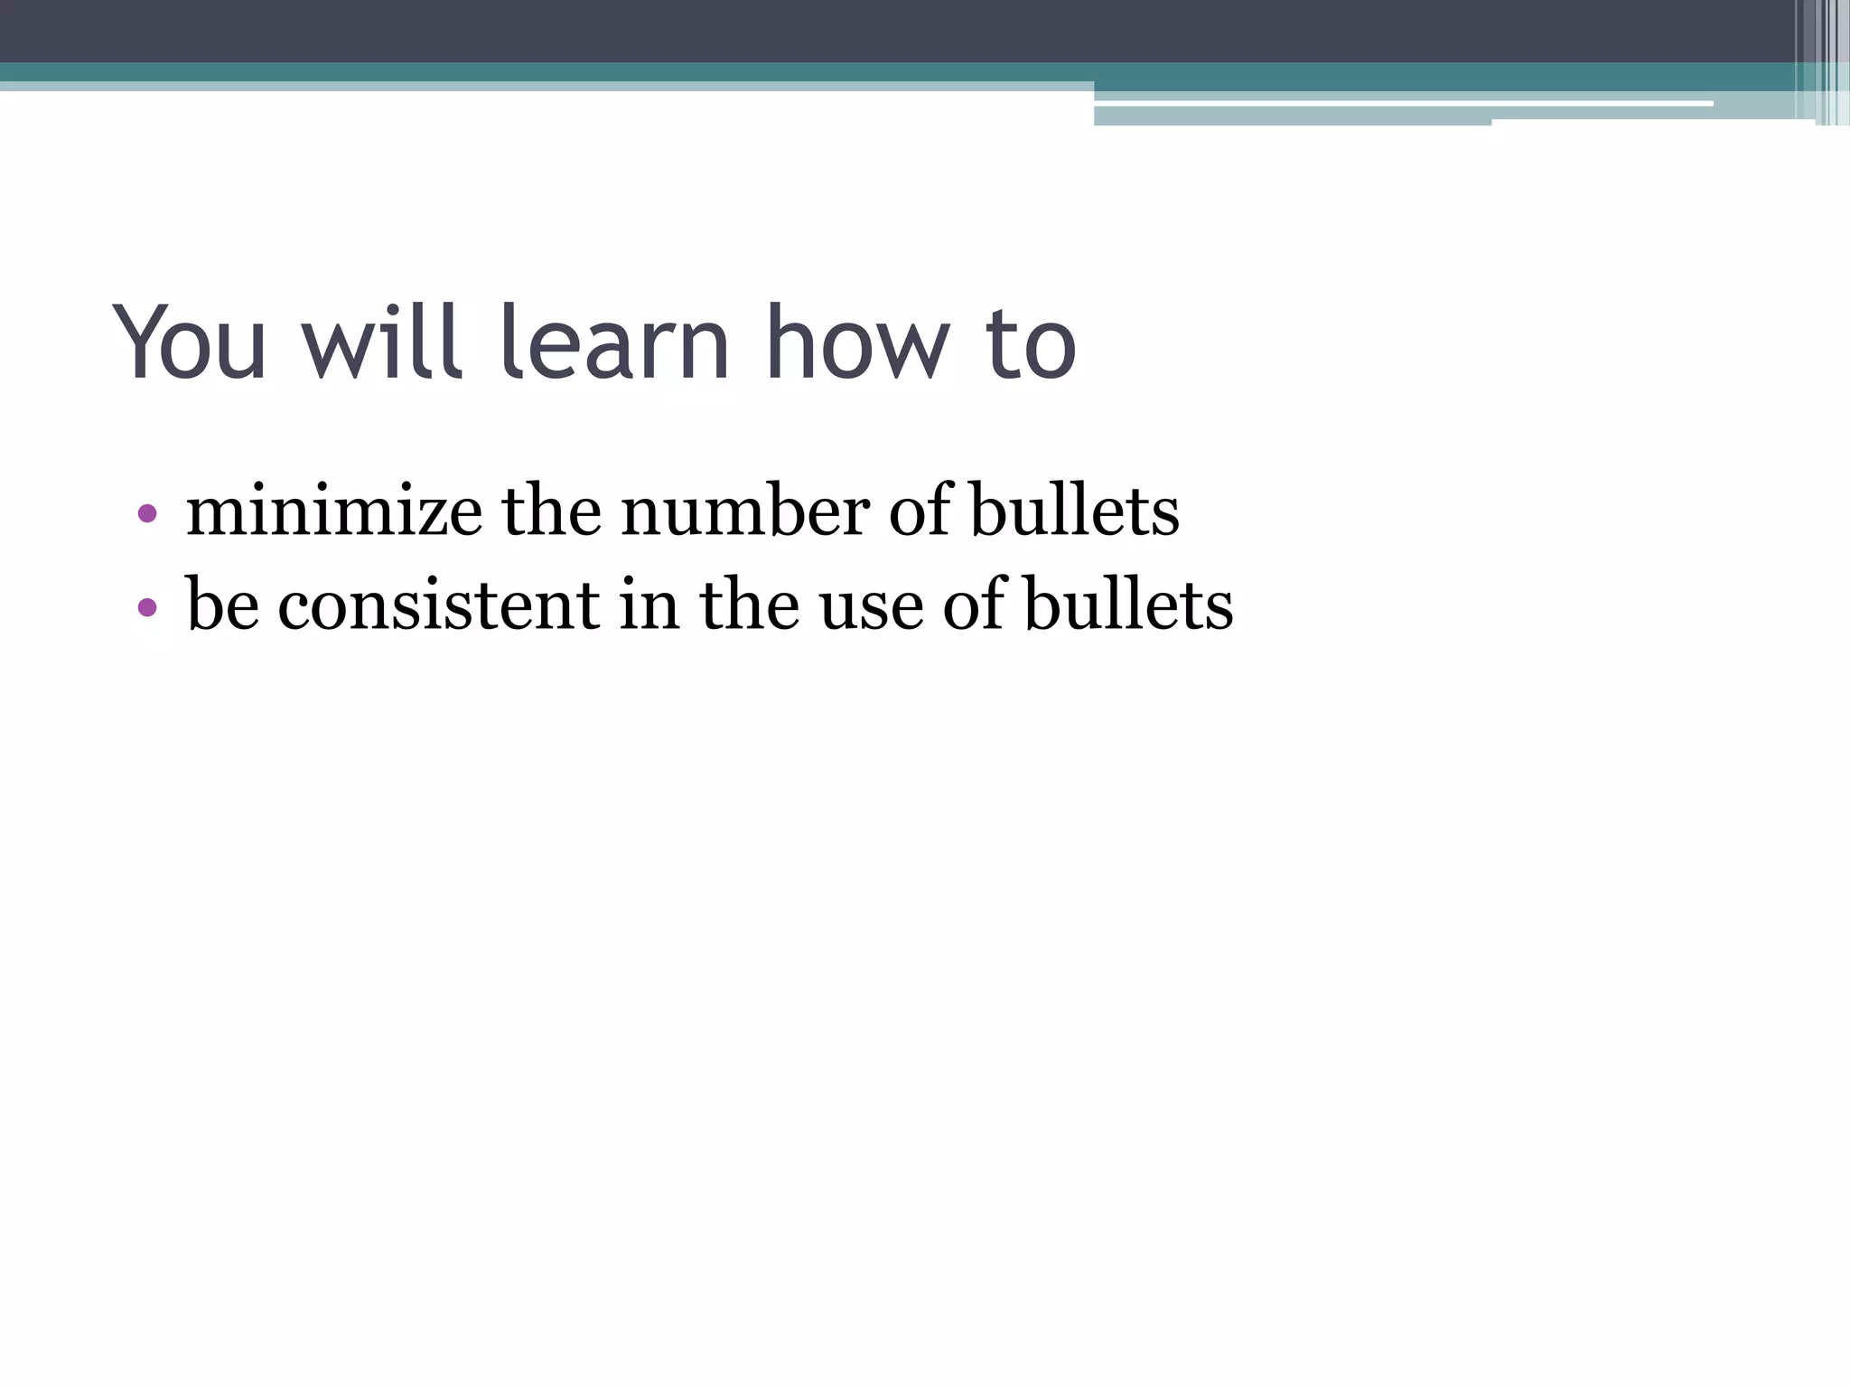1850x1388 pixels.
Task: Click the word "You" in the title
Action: (191, 343)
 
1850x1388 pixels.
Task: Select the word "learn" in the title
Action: (614, 343)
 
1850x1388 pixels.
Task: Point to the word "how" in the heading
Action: (857, 343)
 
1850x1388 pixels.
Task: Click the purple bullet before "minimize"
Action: (147, 514)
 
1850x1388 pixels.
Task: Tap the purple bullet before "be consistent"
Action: (147, 607)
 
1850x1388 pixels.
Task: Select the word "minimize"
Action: (333, 511)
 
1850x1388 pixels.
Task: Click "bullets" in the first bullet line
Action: (1074, 511)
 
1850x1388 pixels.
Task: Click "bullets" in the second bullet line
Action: (1128, 605)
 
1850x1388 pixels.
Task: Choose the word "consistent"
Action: (438, 605)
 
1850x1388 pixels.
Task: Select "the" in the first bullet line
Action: (551, 511)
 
